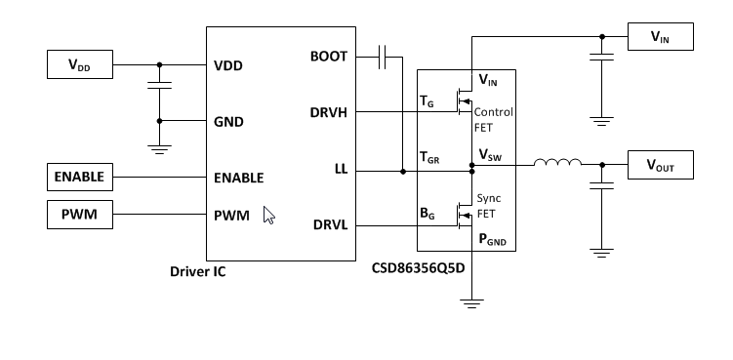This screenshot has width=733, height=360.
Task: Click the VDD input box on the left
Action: click(79, 66)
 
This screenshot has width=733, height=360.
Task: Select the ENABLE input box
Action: click(79, 178)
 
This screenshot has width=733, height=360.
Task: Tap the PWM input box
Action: click(79, 212)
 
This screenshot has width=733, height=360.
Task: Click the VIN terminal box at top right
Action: click(660, 37)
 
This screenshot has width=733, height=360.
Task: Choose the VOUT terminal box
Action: click(660, 166)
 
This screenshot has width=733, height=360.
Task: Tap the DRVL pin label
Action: click(330, 226)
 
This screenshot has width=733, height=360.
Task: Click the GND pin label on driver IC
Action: click(229, 122)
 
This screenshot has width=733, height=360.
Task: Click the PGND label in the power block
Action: click(493, 239)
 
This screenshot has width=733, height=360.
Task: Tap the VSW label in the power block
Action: click(491, 154)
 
